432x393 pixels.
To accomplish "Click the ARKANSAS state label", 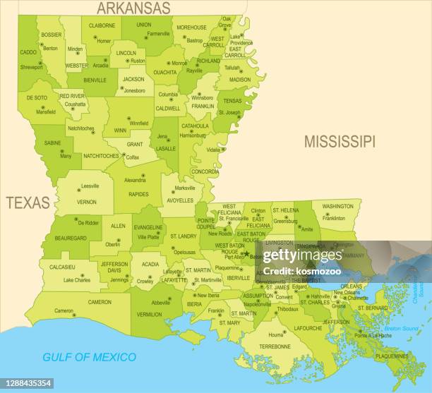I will coord(133,8).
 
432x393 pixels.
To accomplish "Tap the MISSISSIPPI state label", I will coord(340,141).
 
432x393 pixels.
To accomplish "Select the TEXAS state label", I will coord(28,203).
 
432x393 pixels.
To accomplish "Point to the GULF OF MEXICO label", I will coord(89,357).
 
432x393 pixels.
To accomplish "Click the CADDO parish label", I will coord(28,52).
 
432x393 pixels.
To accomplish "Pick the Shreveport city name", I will coord(31,67).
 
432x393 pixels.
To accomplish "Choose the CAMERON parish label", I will coord(100,302).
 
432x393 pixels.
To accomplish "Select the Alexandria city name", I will coord(135,180).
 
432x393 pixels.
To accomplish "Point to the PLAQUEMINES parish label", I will coord(390,357).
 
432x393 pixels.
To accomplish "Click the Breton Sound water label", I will coord(400,329).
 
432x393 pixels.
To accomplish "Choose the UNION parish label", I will coord(143,25).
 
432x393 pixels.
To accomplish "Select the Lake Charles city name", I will coord(77,280).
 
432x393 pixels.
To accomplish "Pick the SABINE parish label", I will coord(52,142).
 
